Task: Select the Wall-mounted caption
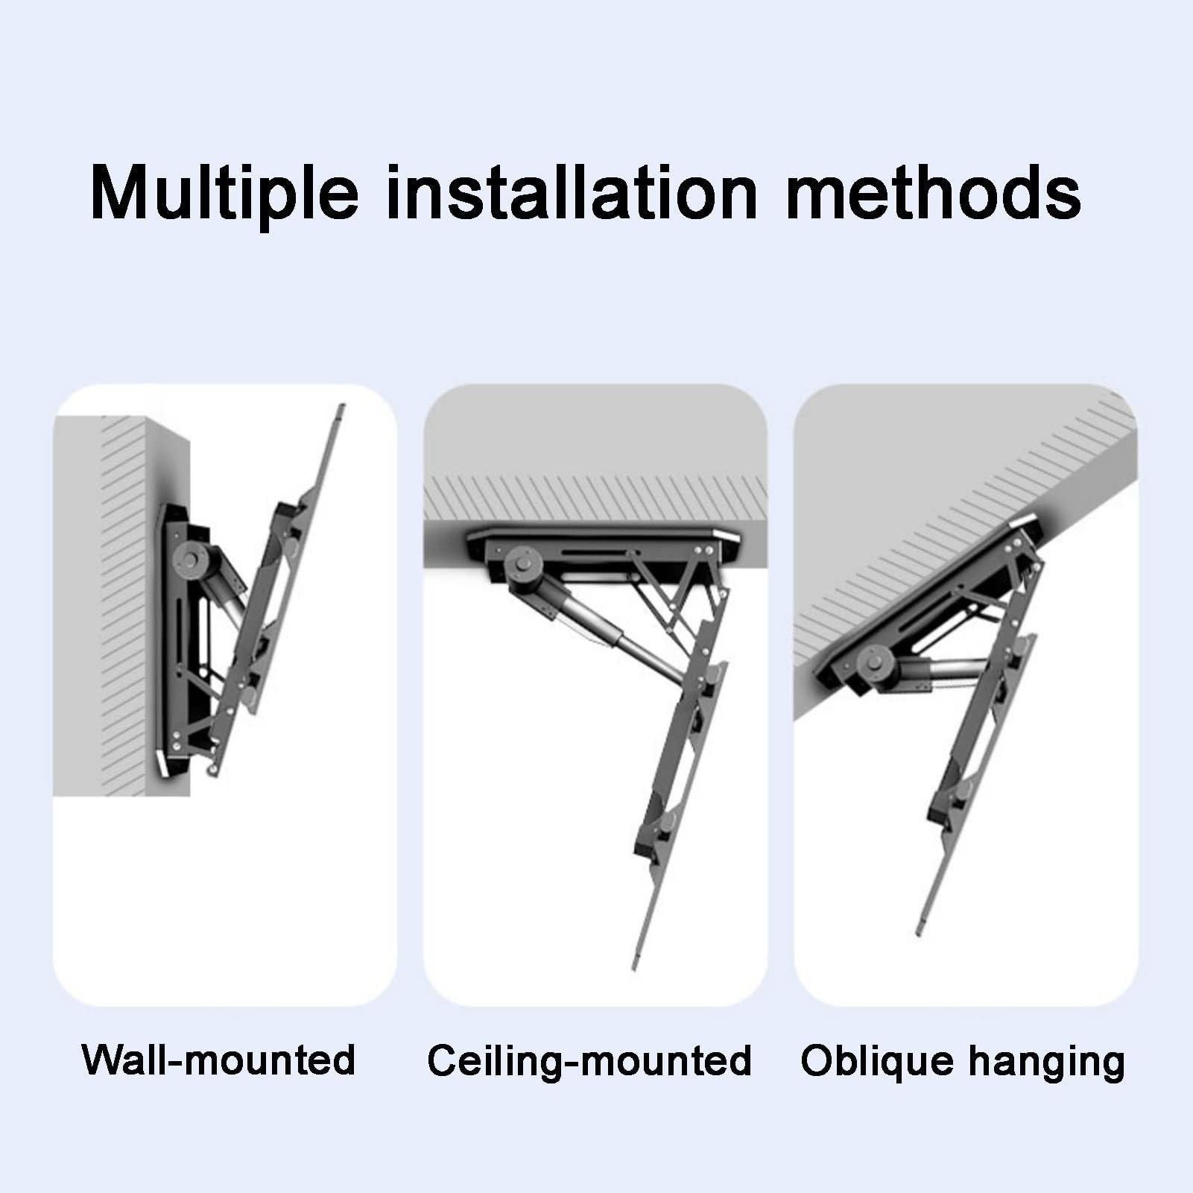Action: click(x=218, y=1060)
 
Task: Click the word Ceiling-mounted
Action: click(x=589, y=1060)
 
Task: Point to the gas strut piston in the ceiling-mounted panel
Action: click(x=596, y=613)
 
